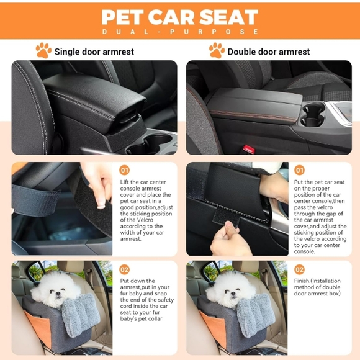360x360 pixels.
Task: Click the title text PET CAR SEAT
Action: (179, 17)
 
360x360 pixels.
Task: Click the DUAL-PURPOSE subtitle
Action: (179, 32)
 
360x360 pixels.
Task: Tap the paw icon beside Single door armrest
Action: (43, 50)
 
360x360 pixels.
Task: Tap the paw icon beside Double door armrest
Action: (217, 50)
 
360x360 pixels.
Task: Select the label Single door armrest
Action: (94, 52)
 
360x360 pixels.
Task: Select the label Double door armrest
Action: (269, 52)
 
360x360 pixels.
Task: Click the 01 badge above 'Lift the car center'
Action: (125, 170)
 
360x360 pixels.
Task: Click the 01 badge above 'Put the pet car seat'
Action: (300, 170)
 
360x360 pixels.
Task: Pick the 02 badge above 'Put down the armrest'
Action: (125, 270)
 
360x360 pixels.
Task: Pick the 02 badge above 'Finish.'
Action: (300, 270)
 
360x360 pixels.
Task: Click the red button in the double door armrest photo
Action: (248, 149)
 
